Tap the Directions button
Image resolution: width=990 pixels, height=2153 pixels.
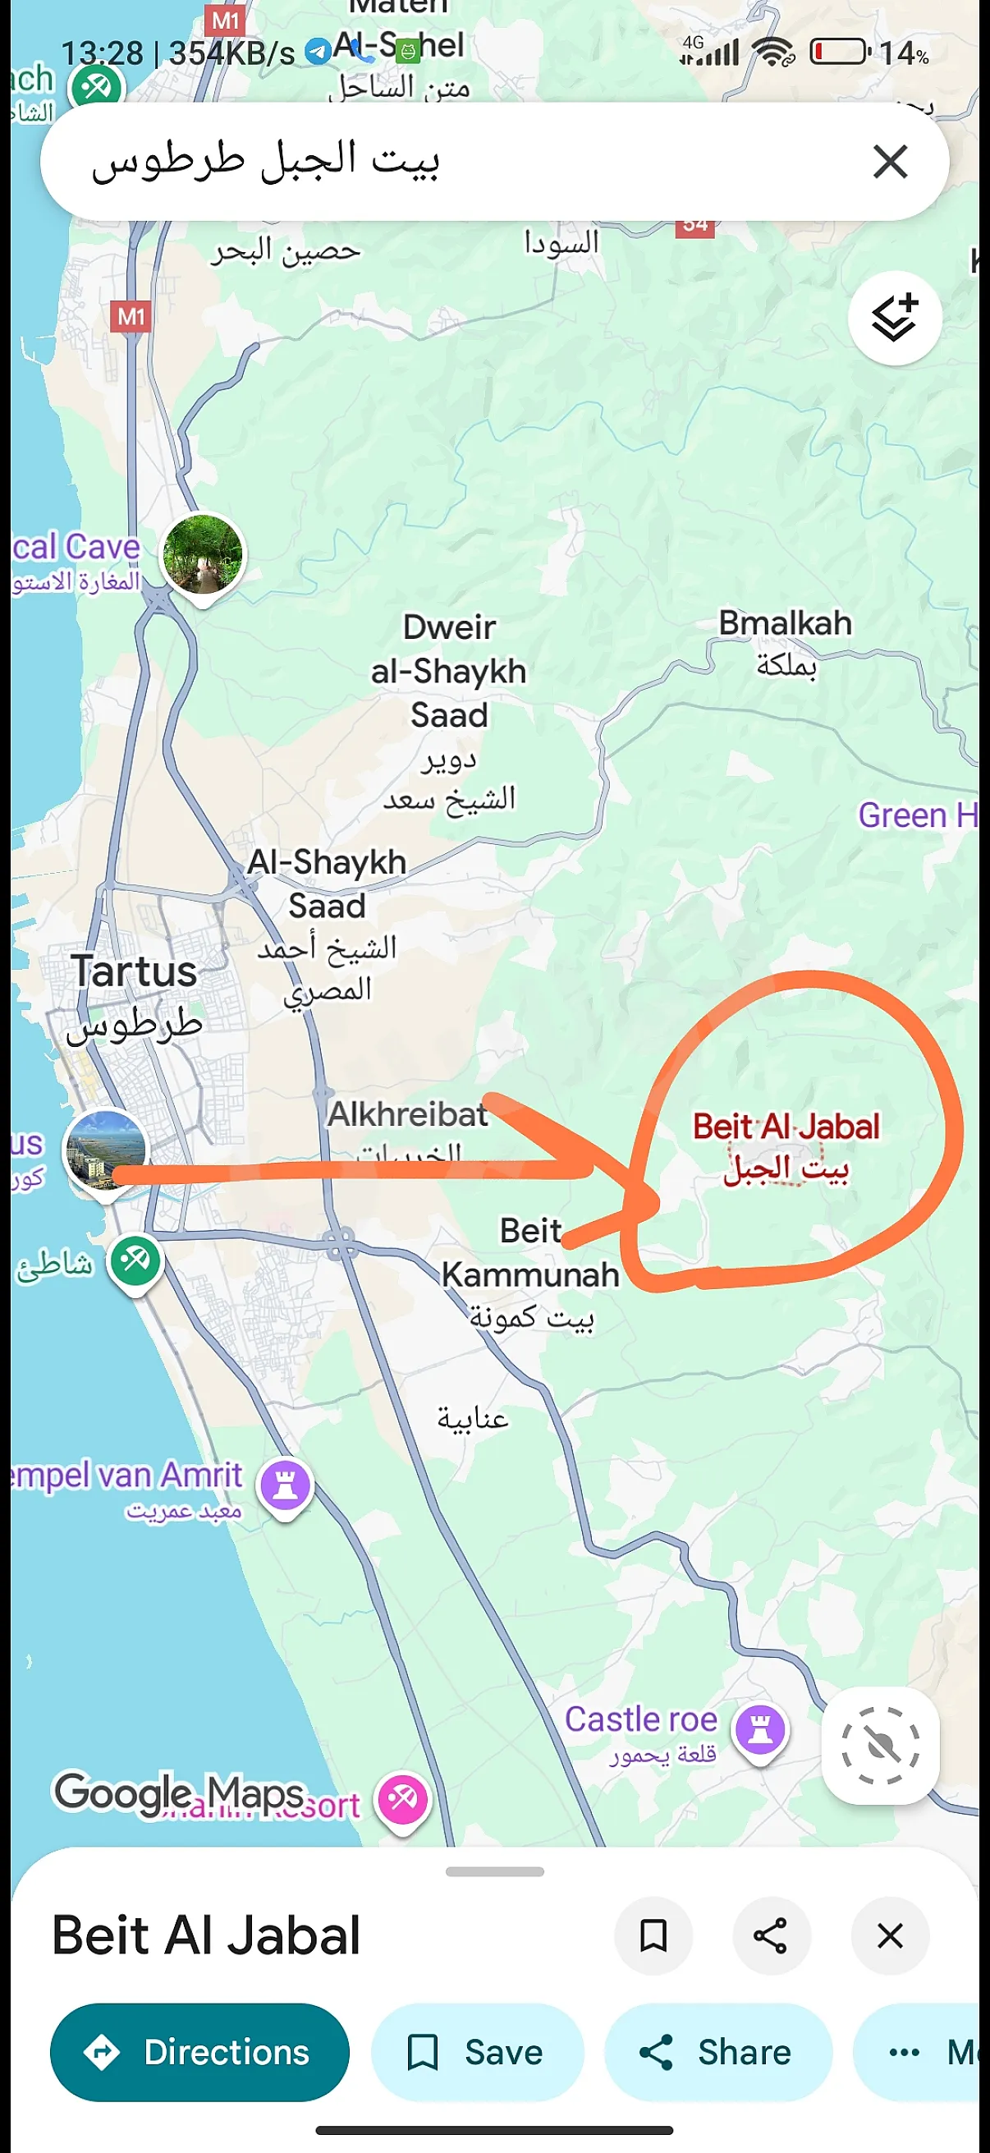(199, 2052)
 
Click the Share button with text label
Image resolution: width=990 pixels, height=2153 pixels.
(717, 2052)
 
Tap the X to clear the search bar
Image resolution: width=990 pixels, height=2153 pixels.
(890, 161)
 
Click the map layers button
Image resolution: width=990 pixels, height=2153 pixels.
(895, 319)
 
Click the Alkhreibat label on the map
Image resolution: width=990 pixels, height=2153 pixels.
(407, 1115)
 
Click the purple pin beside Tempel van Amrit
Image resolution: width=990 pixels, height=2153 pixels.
(286, 1485)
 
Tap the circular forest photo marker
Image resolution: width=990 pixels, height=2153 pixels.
(203, 554)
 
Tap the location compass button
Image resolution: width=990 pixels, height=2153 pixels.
(880, 1745)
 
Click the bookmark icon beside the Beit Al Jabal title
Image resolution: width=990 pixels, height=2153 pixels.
(653, 1935)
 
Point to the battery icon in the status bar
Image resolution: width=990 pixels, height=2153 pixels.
(840, 52)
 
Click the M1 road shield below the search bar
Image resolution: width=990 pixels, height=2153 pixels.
(131, 317)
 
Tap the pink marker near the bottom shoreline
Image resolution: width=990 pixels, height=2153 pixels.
(403, 1798)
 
